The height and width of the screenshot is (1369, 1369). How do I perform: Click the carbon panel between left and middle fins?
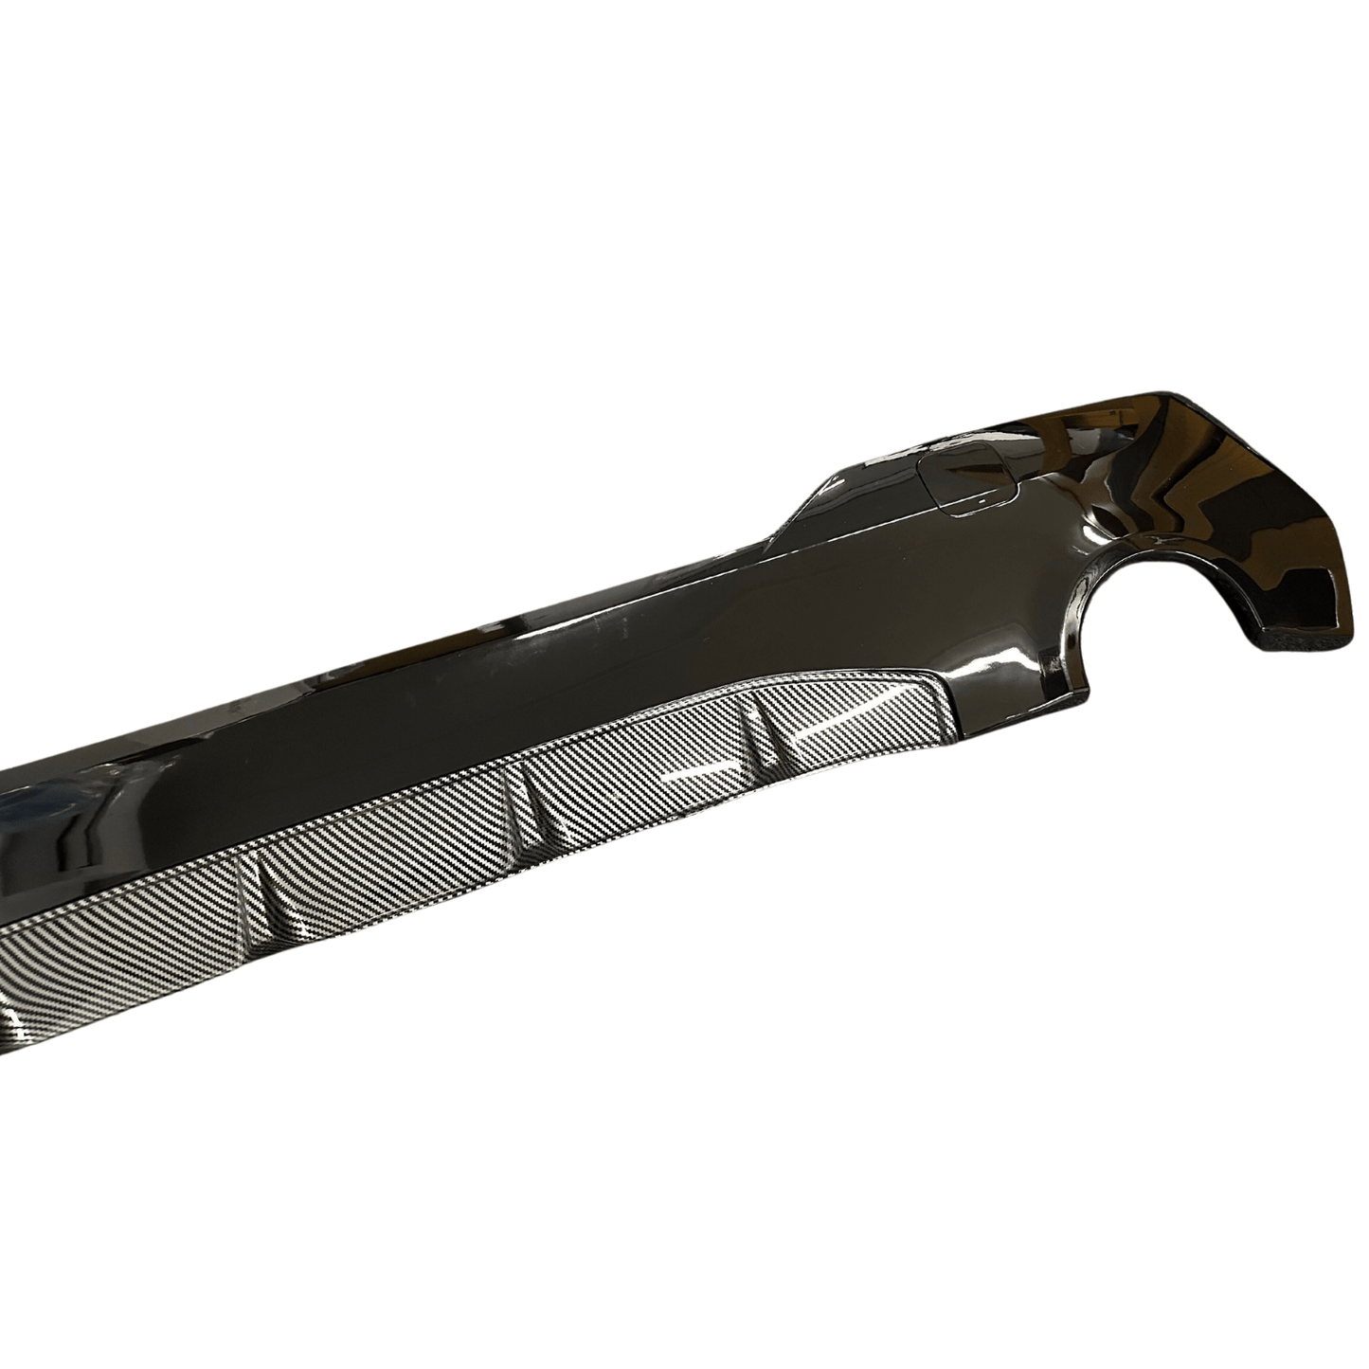(398, 834)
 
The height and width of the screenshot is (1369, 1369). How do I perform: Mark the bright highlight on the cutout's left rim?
(1090, 606)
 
